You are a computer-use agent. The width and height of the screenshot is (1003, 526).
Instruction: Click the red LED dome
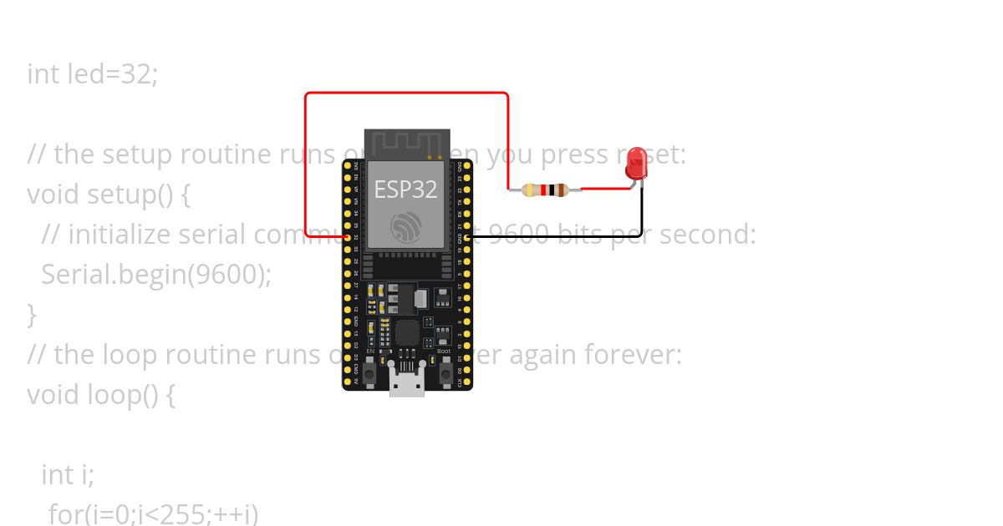[x=637, y=164]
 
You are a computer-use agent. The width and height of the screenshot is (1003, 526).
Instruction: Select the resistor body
[x=545, y=190]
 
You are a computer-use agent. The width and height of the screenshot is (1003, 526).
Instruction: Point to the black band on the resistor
[x=539, y=190]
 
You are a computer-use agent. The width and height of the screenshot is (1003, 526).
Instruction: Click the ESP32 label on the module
[x=405, y=190]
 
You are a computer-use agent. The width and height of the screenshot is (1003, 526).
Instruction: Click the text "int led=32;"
[x=93, y=74]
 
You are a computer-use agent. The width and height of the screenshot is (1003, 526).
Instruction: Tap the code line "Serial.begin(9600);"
[x=156, y=274]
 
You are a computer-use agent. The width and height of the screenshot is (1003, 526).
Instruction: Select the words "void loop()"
[x=92, y=394]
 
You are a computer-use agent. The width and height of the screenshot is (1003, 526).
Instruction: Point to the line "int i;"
[x=68, y=474]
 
